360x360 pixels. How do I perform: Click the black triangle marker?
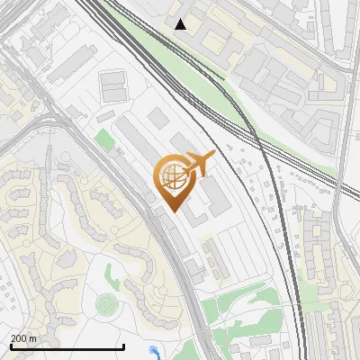click(181, 24)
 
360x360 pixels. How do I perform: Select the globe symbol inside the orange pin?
click(174, 176)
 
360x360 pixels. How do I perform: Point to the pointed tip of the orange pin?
click(173, 211)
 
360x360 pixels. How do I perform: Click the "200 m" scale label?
click(23, 338)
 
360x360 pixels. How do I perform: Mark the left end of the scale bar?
click(10, 346)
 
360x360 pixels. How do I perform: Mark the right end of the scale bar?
click(123, 346)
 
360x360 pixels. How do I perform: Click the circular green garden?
click(106, 304)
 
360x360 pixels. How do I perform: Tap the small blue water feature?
click(155, 353)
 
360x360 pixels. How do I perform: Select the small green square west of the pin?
click(104, 139)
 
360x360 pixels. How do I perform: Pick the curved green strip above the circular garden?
click(112, 274)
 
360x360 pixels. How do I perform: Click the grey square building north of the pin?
click(157, 117)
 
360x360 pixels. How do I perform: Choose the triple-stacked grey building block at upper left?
click(112, 87)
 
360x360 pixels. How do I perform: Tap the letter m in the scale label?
click(32, 338)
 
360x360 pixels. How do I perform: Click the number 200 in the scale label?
click(19, 338)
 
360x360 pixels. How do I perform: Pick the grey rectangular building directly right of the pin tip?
click(216, 199)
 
